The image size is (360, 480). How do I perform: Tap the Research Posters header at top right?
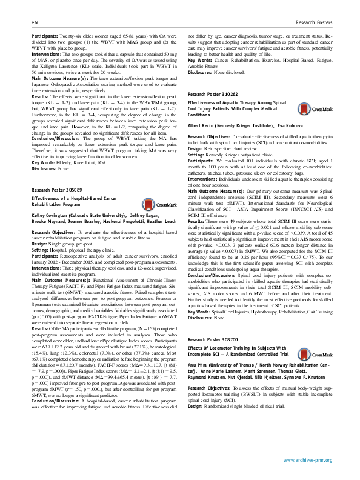313,22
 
